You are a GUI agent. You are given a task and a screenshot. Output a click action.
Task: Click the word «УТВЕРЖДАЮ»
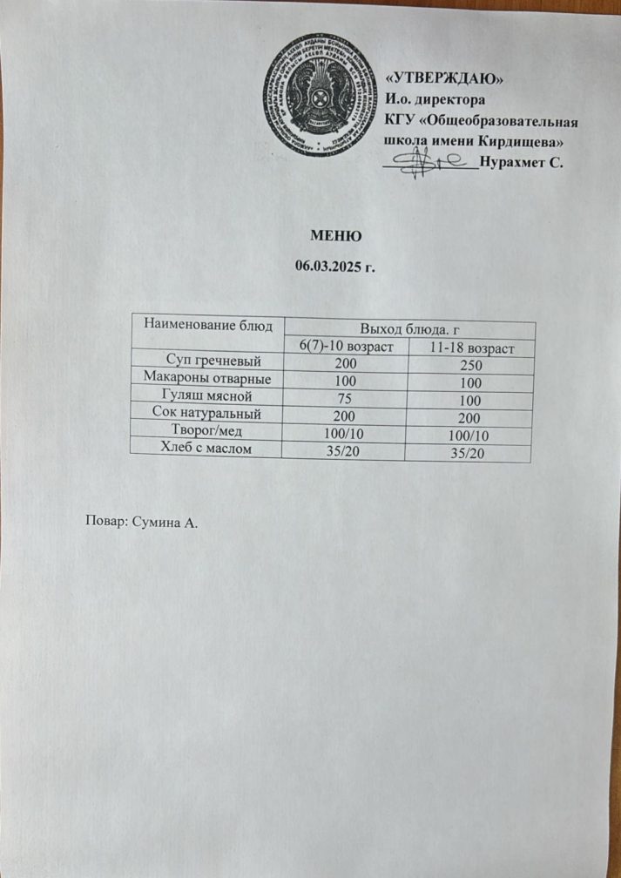point(444,79)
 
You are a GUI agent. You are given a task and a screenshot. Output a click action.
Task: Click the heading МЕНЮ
point(335,235)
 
